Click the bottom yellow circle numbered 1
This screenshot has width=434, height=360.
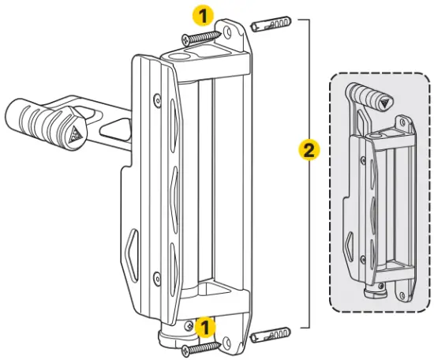(204, 324)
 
